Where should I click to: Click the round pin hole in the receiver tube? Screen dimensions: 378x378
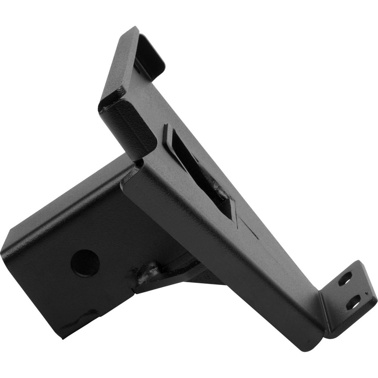coord(85,263)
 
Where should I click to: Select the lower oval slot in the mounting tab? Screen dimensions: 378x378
coord(353,302)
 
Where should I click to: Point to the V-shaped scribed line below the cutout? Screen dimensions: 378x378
coord(242,225)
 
